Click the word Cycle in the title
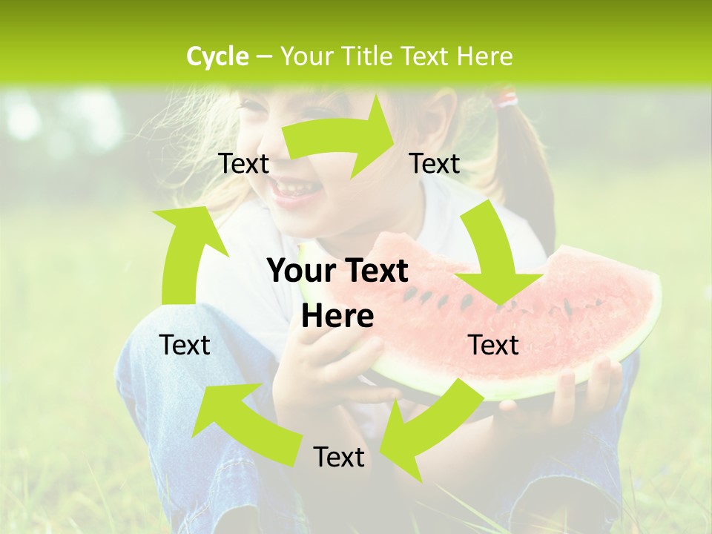point(217,56)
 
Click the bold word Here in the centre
point(337,317)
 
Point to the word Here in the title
point(484,56)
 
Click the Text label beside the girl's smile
point(244,163)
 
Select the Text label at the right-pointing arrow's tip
point(435,163)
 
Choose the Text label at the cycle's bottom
point(339,457)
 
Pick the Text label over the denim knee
point(185,345)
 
